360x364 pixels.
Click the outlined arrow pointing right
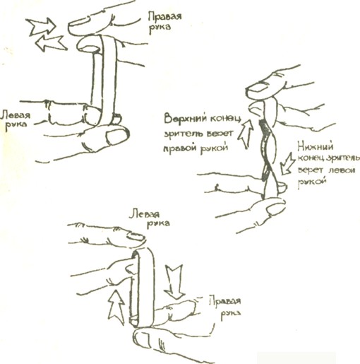tap(42, 26)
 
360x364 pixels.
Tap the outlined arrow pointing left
tap(51, 43)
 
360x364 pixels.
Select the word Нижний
tap(316, 147)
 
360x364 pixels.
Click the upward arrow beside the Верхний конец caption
tap(246, 134)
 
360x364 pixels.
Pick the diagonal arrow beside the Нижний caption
tap(287, 163)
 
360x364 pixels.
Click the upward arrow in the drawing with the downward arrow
tap(116, 307)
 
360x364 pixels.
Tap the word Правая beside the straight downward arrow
tap(225, 302)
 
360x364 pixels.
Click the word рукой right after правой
tap(214, 148)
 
